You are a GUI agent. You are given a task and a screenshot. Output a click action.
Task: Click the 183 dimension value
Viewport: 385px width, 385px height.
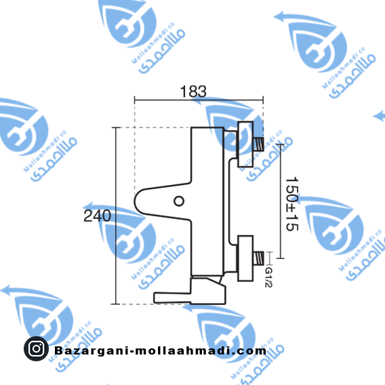(x=193, y=92)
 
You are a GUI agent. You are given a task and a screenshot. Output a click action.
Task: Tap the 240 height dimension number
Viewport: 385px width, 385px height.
(x=97, y=216)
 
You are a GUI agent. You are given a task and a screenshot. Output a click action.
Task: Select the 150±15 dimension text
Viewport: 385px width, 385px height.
(x=292, y=204)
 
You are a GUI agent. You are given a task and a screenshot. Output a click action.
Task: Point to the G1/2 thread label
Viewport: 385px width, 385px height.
(x=268, y=277)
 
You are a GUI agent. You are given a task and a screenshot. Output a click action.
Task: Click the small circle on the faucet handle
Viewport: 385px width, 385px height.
(x=179, y=201)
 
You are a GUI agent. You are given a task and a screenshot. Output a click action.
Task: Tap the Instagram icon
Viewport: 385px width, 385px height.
(x=36, y=348)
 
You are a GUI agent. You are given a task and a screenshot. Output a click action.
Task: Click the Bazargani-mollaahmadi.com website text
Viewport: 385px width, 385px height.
(x=160, y=350)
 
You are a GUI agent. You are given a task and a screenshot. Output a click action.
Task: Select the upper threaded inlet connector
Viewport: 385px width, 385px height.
(x=258, y=144)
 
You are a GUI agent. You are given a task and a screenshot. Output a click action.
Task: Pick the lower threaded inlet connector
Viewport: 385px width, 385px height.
(x=258, y=258)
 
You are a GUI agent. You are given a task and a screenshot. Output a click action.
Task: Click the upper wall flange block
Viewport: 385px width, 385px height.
(x=245, y=144)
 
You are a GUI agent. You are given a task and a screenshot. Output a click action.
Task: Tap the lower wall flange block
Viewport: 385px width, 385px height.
(x=245, y=258)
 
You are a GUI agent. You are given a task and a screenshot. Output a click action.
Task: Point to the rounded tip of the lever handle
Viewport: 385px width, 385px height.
(x=135, y=201)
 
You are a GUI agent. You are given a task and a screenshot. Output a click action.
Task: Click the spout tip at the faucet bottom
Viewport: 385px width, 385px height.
(x=155, y=298)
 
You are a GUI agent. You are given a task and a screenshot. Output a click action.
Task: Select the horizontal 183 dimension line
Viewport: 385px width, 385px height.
(x=199, y=100)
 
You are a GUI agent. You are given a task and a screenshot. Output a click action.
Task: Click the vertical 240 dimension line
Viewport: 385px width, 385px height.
(x=116, y=216)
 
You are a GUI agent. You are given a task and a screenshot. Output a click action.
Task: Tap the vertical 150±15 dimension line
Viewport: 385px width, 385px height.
(x=281, y=201)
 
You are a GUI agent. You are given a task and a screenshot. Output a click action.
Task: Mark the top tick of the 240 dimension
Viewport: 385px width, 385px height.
(x=116, y=127)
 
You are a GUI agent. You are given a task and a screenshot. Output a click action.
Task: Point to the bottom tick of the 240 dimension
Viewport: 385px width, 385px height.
(x=116, y=304)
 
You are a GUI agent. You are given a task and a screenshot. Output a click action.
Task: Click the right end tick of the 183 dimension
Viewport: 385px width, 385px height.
(x=263, y=100)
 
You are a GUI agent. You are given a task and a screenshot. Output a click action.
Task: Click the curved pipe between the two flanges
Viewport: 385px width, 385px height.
(x=229, y=201)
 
